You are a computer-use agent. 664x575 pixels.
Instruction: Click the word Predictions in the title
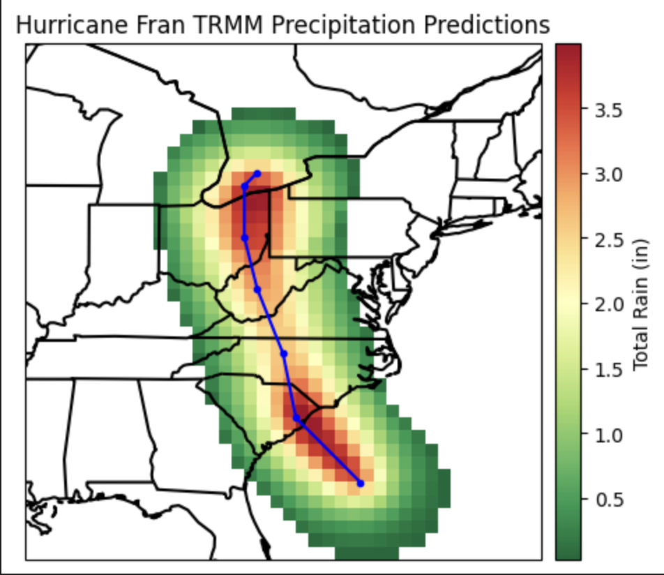coord(485,25)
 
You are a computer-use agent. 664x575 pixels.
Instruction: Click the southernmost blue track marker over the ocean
coord(361,483)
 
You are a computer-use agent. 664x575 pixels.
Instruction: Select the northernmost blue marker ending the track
coord(257,174)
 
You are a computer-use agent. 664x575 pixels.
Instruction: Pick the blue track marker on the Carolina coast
coord(296,417)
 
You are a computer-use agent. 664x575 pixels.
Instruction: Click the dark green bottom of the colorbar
coord(569,553)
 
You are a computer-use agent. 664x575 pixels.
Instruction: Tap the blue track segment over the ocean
coord(331,452)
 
